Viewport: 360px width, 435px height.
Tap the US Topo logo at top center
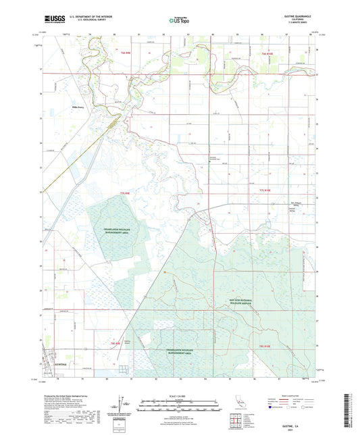click(179, 21)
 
